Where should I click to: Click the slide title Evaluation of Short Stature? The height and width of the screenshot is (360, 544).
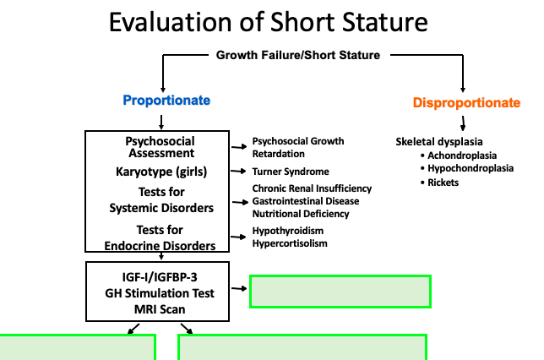pyautogui.click(x=271, y=23)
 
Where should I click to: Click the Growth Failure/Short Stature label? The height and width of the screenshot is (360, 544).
pyautogui.click(x=298, y=57)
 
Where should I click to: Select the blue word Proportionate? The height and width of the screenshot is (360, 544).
pyautogui.click(x=166, y=101)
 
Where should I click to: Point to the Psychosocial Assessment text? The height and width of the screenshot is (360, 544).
pyautogui.click(x=161, y=147)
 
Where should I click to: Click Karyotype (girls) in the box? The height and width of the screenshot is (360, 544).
pyautogui.click(x=161, y=172)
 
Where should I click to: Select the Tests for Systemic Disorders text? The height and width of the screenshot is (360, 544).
pyautogui.click(x=161, y=199)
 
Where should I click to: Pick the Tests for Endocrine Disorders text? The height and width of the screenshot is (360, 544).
pyautogui.click(x=161, y=237)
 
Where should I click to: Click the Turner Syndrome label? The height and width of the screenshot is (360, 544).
pyautogui.click(x=290, y=172)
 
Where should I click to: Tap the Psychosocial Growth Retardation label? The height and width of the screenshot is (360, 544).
pyautogui.click(x=298, y=146)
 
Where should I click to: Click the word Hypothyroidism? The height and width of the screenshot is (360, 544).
pyautogui.click(x=288, y=231)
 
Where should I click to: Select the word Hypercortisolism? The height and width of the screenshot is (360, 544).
pyautogui.click(x=290, y=243)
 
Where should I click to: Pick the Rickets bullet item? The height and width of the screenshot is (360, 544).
pyautogui.click(x=443, y=183)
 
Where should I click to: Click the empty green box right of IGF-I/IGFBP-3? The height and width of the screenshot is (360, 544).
pyautogui.click(x=340, y=292)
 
